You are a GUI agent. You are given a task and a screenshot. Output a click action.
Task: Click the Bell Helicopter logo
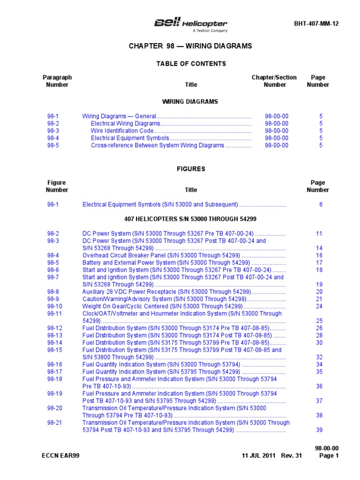coord(191,24)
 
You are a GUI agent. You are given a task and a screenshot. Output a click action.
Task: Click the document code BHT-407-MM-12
coord(316,24)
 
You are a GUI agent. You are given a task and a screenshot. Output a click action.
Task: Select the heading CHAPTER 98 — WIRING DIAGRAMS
coord(190,46)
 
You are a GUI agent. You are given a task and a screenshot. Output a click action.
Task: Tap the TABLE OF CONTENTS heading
coord(191,64)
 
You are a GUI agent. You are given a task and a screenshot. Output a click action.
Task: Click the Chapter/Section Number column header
coord(274,81)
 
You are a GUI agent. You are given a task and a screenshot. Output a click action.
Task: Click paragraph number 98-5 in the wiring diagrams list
coord(53,145)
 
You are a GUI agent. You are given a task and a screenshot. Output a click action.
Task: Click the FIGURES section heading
coord(191,169)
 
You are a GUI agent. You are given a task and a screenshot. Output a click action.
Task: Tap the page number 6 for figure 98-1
coord(321,204)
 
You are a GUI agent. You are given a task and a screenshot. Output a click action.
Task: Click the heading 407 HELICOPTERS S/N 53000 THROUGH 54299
coord(190,219)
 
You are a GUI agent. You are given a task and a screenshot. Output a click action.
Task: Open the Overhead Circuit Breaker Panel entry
coord(161,255)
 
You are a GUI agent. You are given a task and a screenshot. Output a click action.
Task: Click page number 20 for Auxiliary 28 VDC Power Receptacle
coord(320,292)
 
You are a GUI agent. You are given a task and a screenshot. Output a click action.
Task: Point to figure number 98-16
coord(54,364)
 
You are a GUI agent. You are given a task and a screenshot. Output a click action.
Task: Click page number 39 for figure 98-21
coord(320,430)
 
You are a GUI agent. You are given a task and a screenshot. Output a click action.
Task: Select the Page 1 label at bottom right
coord(329,456)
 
